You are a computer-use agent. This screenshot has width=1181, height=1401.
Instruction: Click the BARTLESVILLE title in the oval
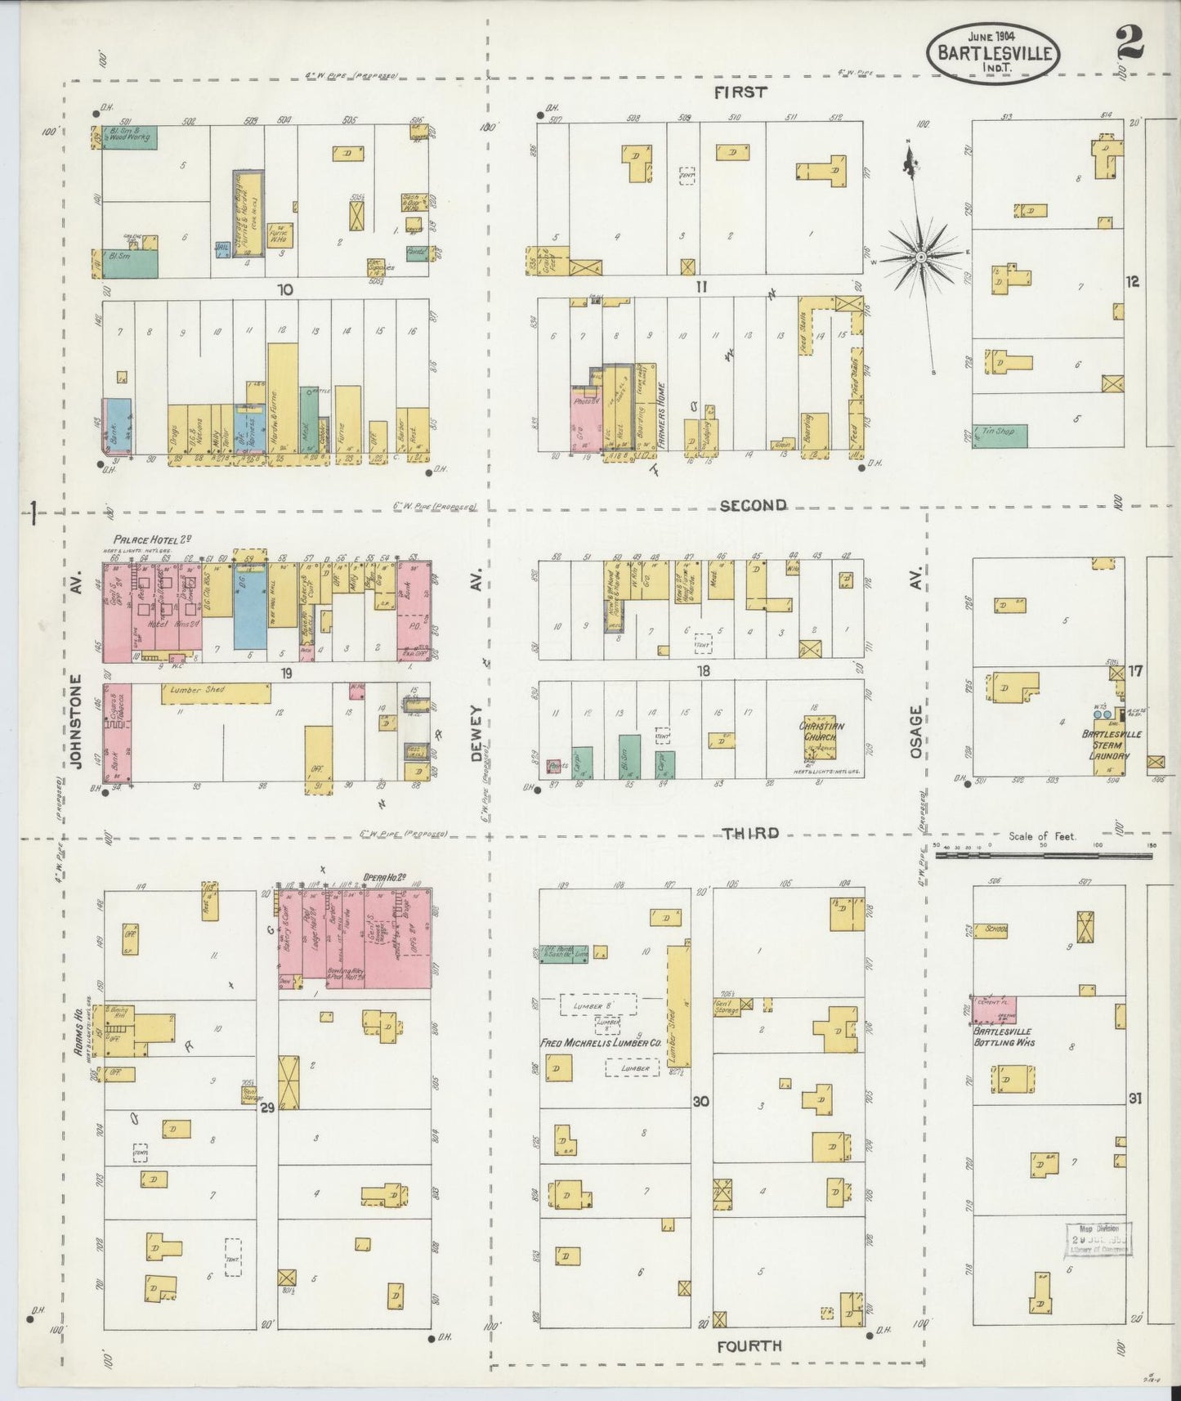point(993,53)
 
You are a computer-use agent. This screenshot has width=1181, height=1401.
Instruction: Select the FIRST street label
point(740,92)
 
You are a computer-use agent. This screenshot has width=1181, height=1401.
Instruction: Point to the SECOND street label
point(753,505)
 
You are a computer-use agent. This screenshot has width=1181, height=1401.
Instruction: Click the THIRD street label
point(749,833)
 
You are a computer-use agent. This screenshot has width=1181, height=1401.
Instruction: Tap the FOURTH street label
point(749,1345)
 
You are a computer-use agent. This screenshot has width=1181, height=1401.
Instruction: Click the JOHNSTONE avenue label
point(77,721)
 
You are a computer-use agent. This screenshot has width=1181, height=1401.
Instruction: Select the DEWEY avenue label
point(477,733)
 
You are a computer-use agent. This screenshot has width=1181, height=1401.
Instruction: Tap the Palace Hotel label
point(152,539)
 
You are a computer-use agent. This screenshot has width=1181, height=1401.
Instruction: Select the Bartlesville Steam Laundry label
point(1111,745)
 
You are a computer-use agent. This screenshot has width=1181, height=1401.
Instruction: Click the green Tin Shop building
point(999,435)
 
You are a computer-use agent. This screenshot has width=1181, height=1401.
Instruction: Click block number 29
point(266,1108)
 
